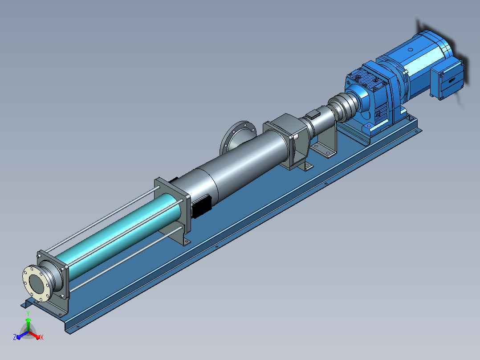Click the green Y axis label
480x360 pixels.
point(28,313)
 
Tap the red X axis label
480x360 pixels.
point(42,337)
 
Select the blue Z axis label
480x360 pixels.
point(14,337)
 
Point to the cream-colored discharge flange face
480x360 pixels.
point(36,283)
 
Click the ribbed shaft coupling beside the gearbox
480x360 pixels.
point(343,106)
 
